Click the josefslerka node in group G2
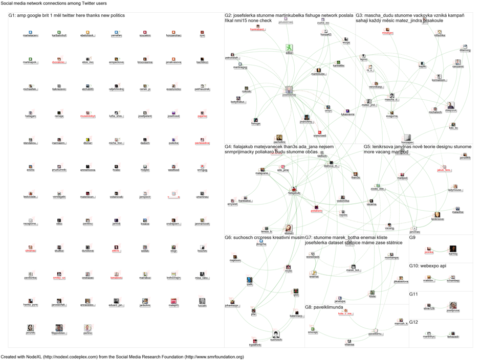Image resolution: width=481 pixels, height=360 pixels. [x=289, y=90]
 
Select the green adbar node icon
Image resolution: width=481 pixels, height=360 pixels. [x=289, y=48]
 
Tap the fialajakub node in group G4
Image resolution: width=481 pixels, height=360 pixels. [x=294, y=190]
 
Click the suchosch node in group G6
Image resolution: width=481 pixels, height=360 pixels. [x=276, y=335]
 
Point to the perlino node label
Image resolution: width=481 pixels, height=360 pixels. [x=88, y=333]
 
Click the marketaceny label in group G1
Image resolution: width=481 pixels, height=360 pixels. [x=30, y=36]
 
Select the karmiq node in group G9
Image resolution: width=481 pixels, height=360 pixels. [x=453, y=249]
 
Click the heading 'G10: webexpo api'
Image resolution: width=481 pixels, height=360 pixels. [x=428, y=266]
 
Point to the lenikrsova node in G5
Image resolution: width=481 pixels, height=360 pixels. [x=438, y=215]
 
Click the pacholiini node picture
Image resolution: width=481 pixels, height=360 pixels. [x=279, y=138]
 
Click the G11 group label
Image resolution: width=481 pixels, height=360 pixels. [x=413, y=295]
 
